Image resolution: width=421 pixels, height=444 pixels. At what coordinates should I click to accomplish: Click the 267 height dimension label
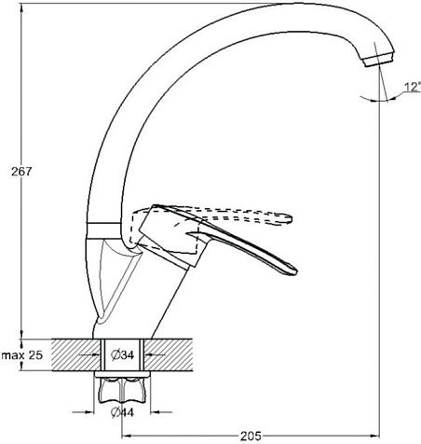pyautogui.click(x=21, y=172)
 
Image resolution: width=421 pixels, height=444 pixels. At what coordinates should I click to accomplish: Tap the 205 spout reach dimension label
pyautogui.click(x=251, y=437)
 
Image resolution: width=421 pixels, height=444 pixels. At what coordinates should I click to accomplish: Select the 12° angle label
pyautogui.click(x=413, y=87)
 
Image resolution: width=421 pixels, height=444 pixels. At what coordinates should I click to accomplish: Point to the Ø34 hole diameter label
pyautogui.click(x=123, y=354)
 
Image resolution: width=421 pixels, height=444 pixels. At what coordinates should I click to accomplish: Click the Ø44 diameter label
pyautogui.click(x=122, y=412)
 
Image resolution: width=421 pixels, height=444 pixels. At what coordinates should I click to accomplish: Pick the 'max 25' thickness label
pyautogui.click(x=21, y=354)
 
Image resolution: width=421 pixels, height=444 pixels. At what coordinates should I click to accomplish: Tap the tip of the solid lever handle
pyautogui.click(x=296, y=271)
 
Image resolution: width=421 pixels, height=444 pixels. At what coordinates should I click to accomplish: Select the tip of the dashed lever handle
pyautogui.click(x=292, y=218)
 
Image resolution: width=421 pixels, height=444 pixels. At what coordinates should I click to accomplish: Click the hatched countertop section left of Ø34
pyautogui.click(x=76, y=354)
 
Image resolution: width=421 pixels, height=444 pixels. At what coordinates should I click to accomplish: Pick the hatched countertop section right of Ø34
pyautogui.click(x=168, y=354)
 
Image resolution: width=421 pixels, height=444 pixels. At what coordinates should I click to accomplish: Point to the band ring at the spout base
pyautogui.click(x=103, y=230)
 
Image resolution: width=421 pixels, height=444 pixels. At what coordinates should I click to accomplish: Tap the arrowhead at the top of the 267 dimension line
pyautogui.click(x=21, y=8)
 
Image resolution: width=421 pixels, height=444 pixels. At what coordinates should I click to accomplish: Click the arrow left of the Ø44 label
pyautogui.click(x=83, y=412)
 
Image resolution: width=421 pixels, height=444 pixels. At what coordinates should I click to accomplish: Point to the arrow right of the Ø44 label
pyautogui.click(x=161, y=412)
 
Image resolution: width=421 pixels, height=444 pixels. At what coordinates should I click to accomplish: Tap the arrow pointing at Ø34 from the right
pyautogui.click(x=156, y=354)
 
